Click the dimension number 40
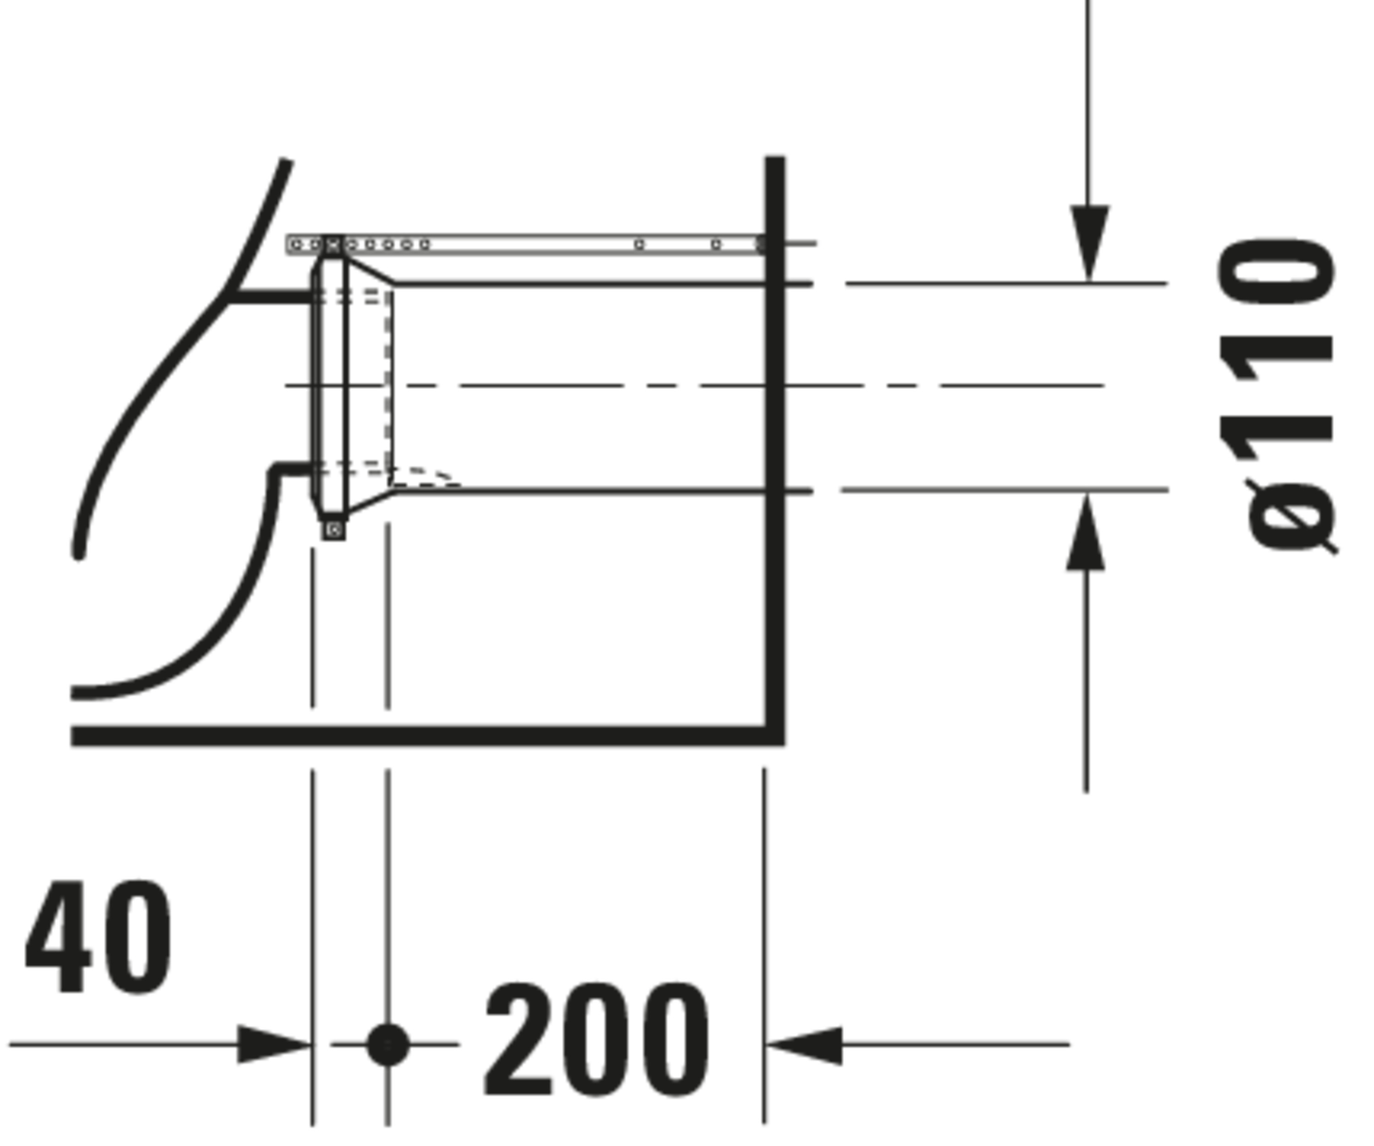click(98, 937)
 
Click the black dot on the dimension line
click(388, 1045)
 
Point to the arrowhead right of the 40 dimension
click(273, 1045)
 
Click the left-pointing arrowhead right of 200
click(803, 1045)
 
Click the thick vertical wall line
click(775, 450)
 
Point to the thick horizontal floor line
click(428, 735)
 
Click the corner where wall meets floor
click(775, 735)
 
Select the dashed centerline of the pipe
click(695, 386)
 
